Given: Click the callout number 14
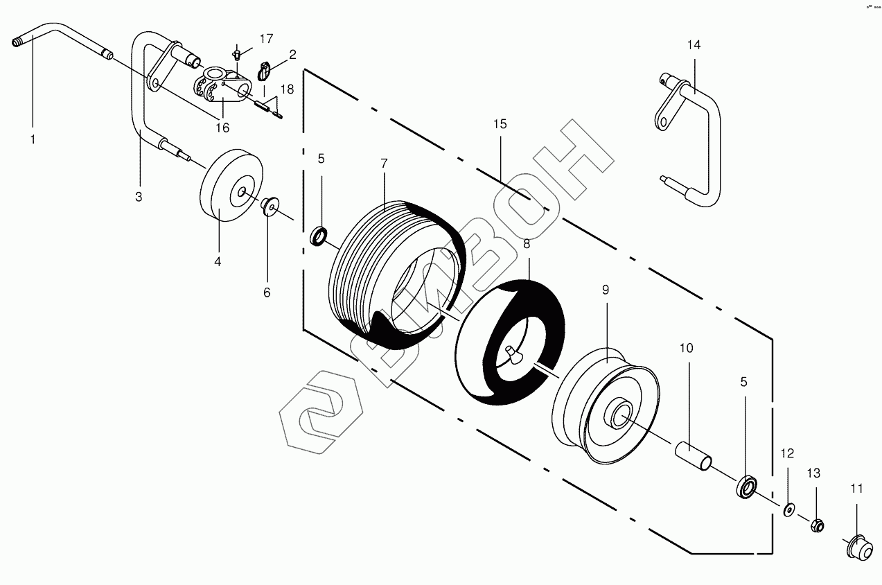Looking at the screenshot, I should click(694, 45).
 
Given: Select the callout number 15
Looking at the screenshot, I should click(500, 124).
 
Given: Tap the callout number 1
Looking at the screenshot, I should click(32, 139).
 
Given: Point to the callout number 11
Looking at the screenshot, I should click(857, 489).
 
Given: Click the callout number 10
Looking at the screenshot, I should click(686, 347).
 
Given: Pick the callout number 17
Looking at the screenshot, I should click(267, 37).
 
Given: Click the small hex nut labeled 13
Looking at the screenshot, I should click(816, 525).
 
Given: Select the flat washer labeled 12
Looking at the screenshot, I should click(788, 510).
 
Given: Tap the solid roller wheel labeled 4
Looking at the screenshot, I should click(231, 184).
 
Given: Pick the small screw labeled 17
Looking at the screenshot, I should click(237, 52).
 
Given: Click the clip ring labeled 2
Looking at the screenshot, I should click(263, 70).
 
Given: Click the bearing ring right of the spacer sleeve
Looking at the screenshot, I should click(747, 486).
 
